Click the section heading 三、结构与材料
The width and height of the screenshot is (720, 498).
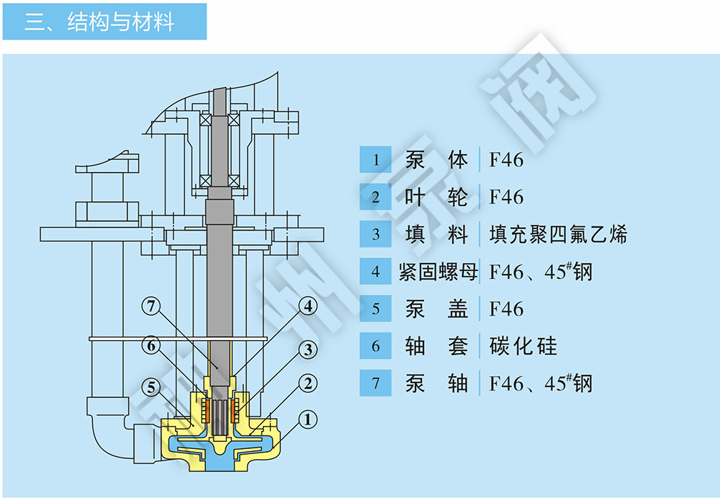pos(100,22)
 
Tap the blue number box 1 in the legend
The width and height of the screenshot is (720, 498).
pos(375,159)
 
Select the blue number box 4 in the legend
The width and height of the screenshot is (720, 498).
pos(375,272)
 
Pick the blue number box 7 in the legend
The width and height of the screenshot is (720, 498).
pos(375,383)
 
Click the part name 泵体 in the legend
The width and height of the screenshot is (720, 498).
pos(436,159)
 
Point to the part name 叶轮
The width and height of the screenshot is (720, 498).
pos(436,197)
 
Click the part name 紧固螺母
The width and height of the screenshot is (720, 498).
pos(437,272)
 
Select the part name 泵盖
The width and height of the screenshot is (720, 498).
pos(436,309)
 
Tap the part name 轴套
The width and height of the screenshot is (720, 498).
pos(436,346)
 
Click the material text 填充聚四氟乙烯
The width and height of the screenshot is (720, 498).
pos(558,234)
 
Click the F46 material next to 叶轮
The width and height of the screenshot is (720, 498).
pos(506,197)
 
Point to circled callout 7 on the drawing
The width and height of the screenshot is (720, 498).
pos(150,306)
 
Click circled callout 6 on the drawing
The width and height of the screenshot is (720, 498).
pos(150,347)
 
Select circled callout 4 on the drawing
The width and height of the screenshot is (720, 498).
pos(309,306)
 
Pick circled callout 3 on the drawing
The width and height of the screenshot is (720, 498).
pos(309,350)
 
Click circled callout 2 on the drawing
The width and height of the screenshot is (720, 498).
pos(309,383)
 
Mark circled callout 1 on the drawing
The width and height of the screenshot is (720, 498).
pos(309,419)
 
